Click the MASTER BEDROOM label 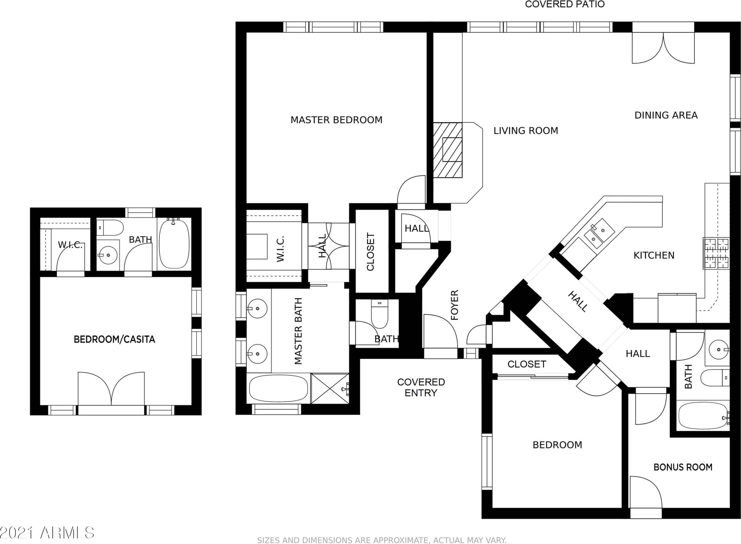(336, 120)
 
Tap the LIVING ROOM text (526, 131)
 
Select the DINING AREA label (666, 115)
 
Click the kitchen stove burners (716, 253)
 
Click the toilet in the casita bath (110, 228)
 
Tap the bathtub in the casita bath (174, 243)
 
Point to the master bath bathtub (279, 389)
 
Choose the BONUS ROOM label (683, 467)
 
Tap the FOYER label (454, 305)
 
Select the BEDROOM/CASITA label (114, 339)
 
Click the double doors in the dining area (663, 48)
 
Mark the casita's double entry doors (111, 389)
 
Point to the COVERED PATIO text (565, 4)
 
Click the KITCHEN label (654, 255)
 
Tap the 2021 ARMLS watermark (47, 532)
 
